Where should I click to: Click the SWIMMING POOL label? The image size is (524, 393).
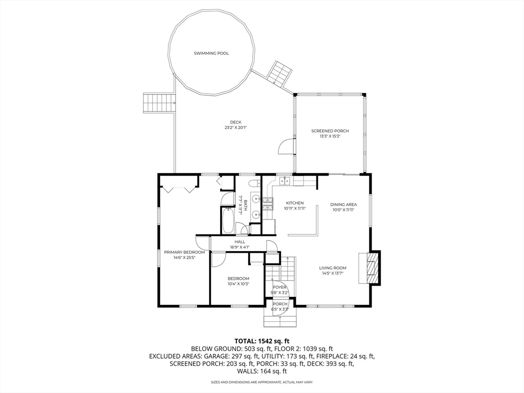coord(211,53)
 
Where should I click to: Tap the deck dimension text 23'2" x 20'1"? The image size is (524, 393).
coord(235,127)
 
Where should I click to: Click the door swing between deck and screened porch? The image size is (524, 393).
coord(287,146)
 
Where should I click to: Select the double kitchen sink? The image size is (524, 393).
coord(285,181)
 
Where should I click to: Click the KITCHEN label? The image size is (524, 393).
coord(295,203)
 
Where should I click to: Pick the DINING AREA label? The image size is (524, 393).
coord(343,205)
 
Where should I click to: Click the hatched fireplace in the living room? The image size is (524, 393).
coord(374,268)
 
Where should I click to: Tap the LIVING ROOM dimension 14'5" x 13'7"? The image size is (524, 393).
coord(333,273)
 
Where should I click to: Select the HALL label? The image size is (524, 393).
coord(239,242)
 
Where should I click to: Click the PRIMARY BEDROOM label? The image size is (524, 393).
coord(184,252)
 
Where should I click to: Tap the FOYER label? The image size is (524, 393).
coord(280,287)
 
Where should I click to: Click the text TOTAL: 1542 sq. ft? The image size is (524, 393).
coord(262,341)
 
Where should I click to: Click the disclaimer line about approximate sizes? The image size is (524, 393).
coord(262,382)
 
